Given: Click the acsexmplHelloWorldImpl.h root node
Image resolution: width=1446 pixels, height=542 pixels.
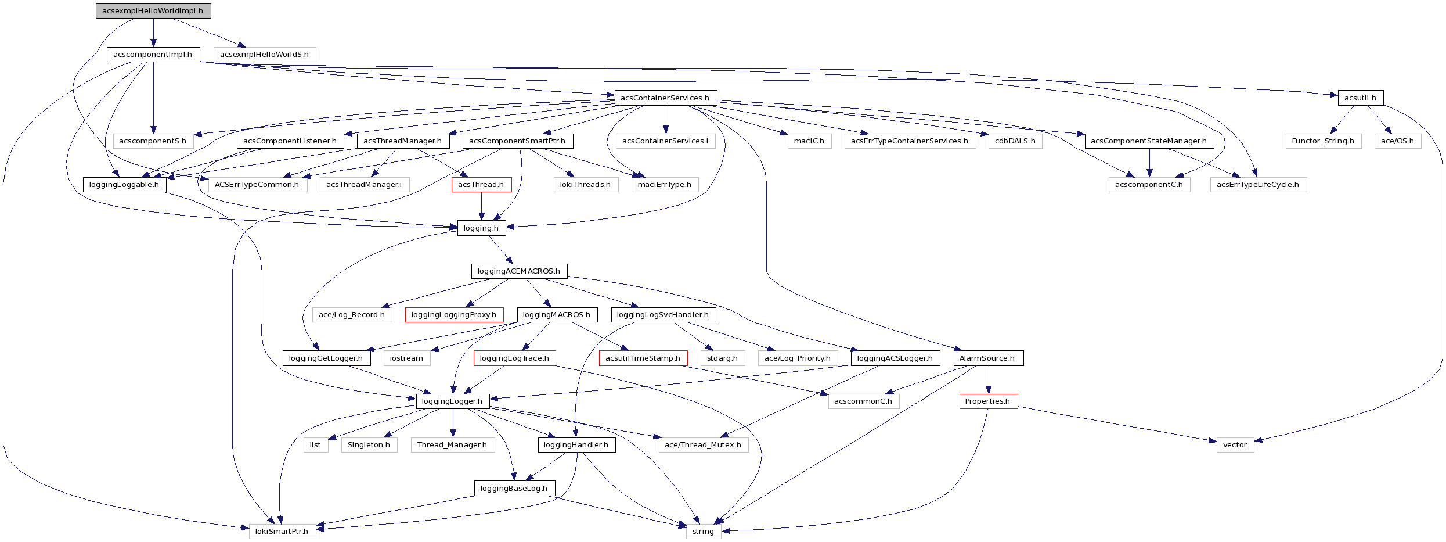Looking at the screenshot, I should coord(153,11).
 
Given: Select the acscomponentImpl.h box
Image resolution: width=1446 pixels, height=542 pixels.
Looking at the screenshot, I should coord(153,55).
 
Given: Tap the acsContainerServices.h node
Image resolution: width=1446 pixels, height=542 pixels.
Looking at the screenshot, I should coord(665,98).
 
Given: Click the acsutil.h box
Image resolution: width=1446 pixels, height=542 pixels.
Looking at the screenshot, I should coord(1360,98).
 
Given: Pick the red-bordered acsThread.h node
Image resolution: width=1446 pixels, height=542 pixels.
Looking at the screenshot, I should coord(481,185).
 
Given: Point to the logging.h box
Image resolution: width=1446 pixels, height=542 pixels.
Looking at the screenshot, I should coord(481,228).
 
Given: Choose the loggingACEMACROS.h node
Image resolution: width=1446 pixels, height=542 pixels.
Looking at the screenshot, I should coord(519,271).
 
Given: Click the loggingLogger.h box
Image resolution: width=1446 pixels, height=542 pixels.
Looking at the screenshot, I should coord(452,401).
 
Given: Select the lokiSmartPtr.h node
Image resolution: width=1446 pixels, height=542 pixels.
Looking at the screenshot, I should coord(282,532).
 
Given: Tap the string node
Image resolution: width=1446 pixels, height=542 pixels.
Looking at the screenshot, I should coord(703,532).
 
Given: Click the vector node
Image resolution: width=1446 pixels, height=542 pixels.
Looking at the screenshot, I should coord(1235,445).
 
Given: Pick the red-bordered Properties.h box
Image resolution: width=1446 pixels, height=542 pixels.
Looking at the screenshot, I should coord(988,401).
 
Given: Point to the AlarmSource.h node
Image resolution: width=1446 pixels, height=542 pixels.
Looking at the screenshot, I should coord(987,358).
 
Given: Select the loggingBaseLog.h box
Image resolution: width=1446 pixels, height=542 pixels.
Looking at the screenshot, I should coord(514,489).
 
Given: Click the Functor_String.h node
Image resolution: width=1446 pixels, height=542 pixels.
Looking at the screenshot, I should coord(1323,141).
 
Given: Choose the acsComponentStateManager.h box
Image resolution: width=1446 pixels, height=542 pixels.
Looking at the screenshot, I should coord(1149,141).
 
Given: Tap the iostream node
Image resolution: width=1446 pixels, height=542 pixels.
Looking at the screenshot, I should coord(406,358).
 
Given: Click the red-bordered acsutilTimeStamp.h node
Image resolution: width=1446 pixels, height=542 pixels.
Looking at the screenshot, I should coord(643,358).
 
